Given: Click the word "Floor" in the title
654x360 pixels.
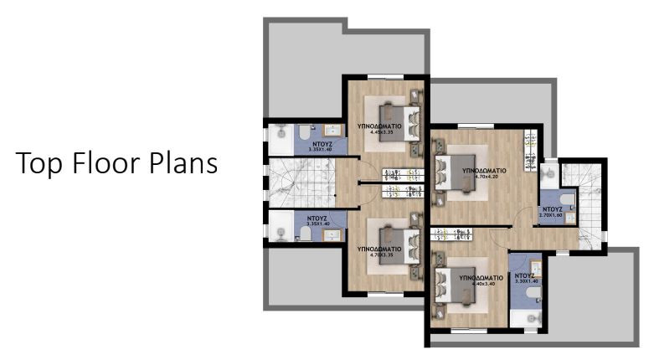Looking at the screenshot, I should click(x=105, y=164).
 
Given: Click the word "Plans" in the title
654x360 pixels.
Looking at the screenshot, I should click(x=180, y=164).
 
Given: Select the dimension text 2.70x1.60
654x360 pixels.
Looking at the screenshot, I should click(x=552, y=215).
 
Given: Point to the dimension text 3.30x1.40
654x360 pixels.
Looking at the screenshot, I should click(x=525, y=281).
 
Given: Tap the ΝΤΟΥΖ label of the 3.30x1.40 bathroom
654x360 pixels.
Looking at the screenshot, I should click(x=525, y=275).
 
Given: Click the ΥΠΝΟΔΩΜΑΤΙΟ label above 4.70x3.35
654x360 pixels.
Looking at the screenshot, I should click(x=377, y=249).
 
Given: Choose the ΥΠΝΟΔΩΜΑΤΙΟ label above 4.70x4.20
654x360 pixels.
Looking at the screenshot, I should click(x=484, y=169).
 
